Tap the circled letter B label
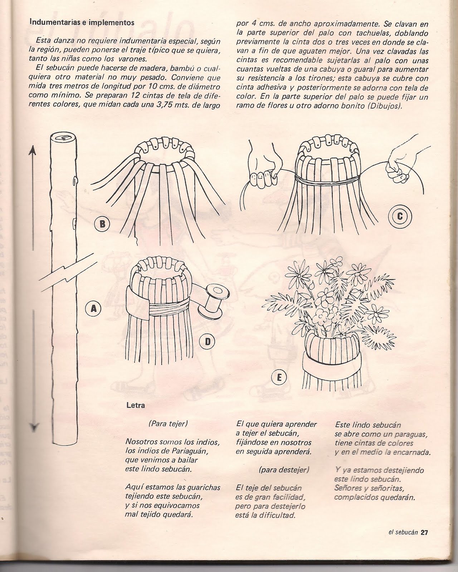pos(102,224)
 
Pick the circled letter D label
pos(207,342)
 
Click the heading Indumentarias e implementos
pos(82,23)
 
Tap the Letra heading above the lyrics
pos(136,405)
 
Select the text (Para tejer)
pos(168,424)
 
